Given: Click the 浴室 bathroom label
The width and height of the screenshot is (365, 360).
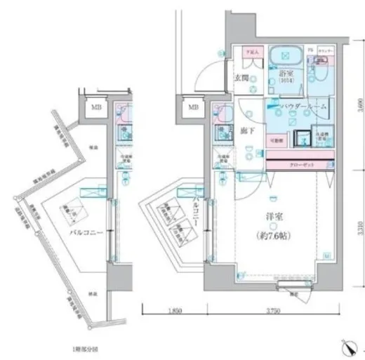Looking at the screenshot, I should (x=286, y=72).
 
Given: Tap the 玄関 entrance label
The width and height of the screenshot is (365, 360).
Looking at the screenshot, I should (x=241, y=78).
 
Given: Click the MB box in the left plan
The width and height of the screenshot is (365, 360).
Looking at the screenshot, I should (x=95, y=107).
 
